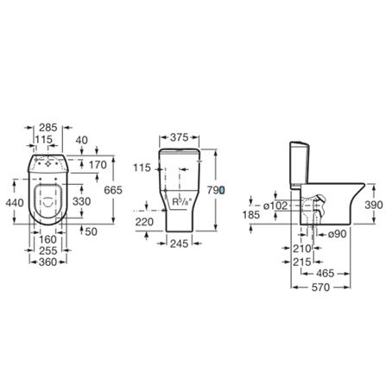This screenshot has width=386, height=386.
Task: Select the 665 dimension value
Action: [x=112, y=188]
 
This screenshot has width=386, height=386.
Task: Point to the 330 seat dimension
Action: [x=80, y=201]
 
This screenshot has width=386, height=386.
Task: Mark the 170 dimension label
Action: [x=97, y=164]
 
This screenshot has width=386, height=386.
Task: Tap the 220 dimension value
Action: [x=144, y=223]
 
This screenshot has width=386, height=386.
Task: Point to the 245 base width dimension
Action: [x=180, y=244]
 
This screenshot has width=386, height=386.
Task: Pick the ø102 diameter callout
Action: [x=275, y=205]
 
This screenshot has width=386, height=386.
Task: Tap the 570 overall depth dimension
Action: [x=321, y=288]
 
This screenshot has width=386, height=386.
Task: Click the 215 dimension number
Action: [x=301, y=262]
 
